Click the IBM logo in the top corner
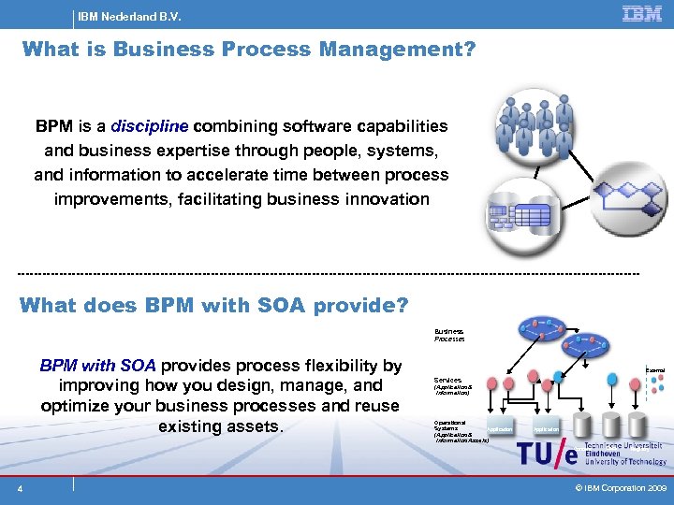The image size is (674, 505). click(642, 13)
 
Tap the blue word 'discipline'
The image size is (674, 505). click(150, 126)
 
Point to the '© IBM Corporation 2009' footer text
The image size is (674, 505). click(621, 488)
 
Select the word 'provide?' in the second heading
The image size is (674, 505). click(361, 305)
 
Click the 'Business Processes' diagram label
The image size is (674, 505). click(449, 335)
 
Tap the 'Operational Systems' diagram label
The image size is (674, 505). click(451, 426)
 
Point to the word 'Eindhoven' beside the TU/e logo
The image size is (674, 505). click(605, 454)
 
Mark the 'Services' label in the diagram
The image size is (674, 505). click(447, 381)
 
